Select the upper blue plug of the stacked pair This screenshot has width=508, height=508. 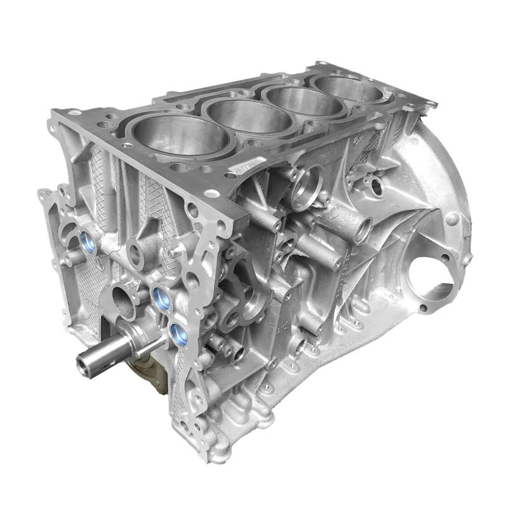pos(160,293)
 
